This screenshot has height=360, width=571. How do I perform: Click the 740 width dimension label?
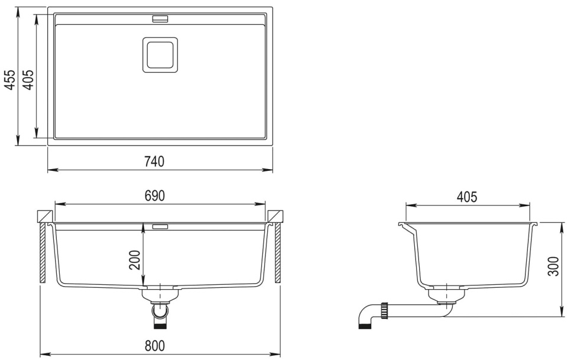[x=154, y=161]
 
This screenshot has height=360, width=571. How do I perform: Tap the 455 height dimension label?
[x=10, y=80]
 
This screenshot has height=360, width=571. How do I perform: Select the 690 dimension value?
[x=155, y=196]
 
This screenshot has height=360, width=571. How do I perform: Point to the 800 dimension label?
[x=155, y=345]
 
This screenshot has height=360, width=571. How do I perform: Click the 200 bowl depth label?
[x=135, y=260]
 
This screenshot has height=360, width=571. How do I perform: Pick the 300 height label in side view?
[x=553, y=266]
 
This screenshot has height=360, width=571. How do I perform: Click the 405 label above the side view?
[x=467, y=197]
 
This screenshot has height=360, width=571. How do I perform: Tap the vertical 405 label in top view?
[x=28, y=80]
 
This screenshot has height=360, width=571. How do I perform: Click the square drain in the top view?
[x=160, y=55]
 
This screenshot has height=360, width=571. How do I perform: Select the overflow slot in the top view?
[x=160, y=18]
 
